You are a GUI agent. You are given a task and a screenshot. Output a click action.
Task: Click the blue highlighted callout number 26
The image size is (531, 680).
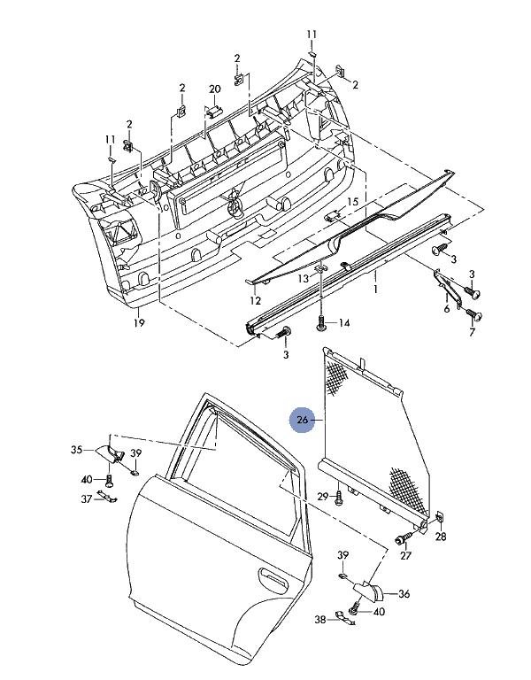[303, 420]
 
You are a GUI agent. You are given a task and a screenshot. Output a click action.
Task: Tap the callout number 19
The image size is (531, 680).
[139, 322]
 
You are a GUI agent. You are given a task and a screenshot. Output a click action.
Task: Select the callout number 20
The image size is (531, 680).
[215, 89]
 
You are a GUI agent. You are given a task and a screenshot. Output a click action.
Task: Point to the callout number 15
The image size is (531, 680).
[353, 202]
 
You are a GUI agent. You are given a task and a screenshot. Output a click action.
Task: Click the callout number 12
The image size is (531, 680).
[255, 300]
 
